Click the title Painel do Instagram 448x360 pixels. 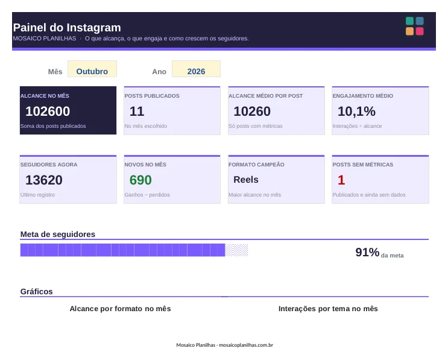tap(67, 28)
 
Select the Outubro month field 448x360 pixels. tap(92, 69)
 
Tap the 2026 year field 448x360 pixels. tap(196, 69)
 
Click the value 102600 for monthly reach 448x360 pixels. tap(48, 111)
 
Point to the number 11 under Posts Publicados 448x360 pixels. tap(137, 111)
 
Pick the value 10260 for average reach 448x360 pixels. tap(252, 111)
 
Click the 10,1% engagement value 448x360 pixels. tap(356, 111)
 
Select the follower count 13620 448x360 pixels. tap(44, 180)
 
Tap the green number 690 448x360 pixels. tap(140, 180)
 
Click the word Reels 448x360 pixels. tap(246, 180)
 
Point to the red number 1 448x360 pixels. tap(341, 180)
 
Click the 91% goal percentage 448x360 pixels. tap(367, 252)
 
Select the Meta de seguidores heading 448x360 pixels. tap(58, 235)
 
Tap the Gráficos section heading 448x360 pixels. tap(37, 291)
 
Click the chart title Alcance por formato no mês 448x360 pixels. tap(120, 309)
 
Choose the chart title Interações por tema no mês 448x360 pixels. tap(328, 309)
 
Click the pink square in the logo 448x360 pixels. tap(420, 31)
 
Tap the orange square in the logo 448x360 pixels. tap(410, 31)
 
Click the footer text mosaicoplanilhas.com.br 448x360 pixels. tap(246, 345)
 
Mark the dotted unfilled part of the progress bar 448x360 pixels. tap(236, 250)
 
